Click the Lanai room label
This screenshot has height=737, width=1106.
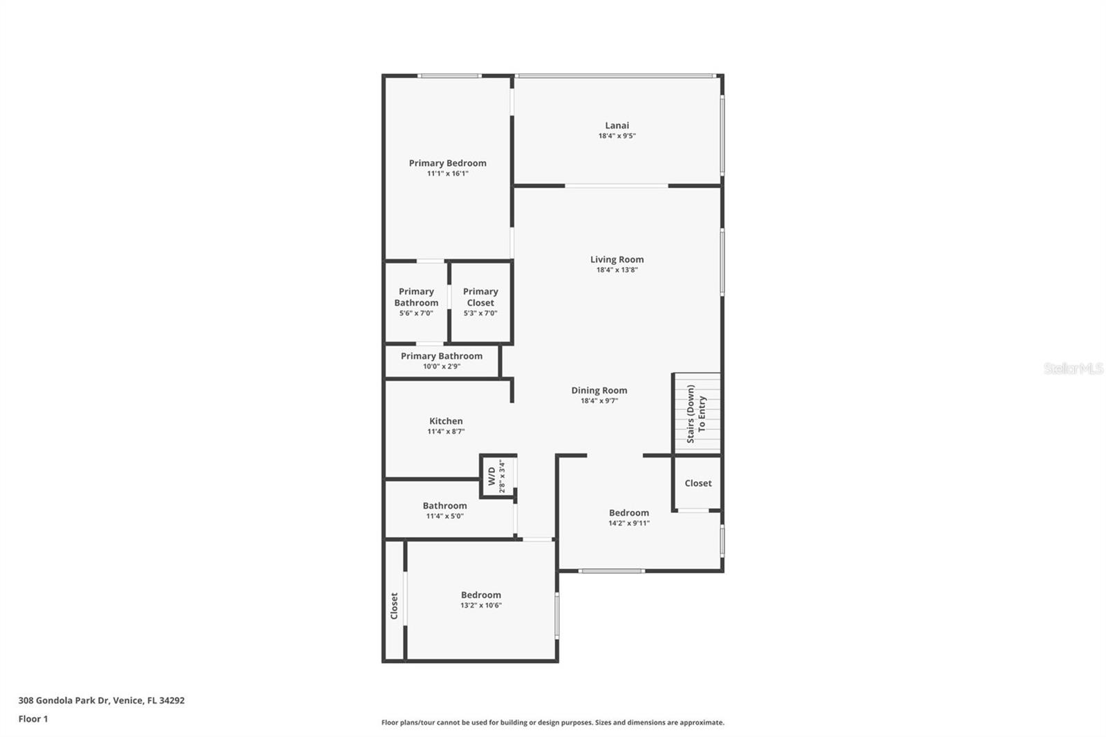pos(617,125)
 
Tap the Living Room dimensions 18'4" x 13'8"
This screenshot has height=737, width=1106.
pos(617,270)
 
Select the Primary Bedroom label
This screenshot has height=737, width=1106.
pos(447,163)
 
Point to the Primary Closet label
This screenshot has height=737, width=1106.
pos(480,297)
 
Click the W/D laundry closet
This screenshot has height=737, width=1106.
pos(497,476)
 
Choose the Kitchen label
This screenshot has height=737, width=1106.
pos(446,421)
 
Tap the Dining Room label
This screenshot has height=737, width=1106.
pos(599,391)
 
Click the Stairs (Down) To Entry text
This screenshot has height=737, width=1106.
pos(696,414)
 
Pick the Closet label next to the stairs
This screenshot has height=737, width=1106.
pos(697,483)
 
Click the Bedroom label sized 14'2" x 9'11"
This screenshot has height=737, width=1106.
pos(628,513)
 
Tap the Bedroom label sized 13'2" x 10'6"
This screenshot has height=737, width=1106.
pos(480,595)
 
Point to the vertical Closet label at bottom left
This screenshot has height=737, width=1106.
pos(394,606)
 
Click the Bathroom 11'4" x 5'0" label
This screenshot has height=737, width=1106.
pos(444,506)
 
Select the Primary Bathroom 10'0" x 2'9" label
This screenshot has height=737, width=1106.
pos(442,356)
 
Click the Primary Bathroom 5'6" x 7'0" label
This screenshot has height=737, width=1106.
pos(416,297)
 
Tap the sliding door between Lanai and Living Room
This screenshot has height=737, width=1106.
pos(617,185)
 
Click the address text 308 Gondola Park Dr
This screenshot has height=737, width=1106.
pos(101,700)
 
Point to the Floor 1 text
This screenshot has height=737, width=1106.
pos(33,719)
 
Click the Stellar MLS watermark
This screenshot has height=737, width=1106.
pos(1073,369)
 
